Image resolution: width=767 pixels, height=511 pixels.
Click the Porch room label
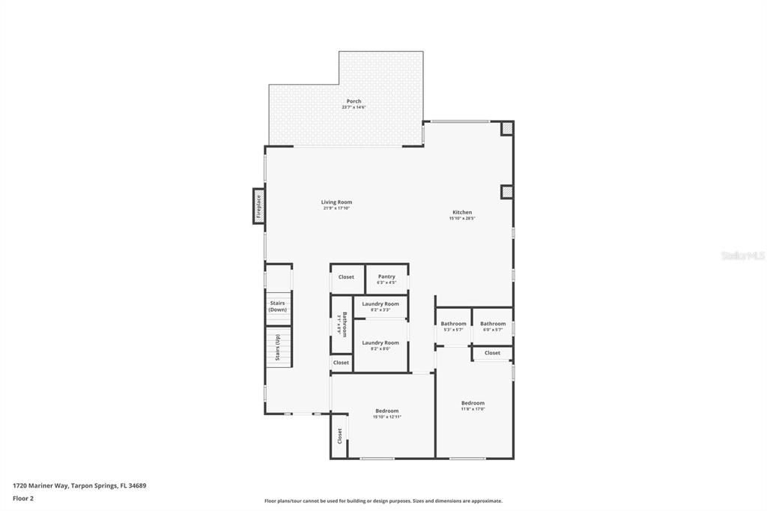click(x=354, y=101)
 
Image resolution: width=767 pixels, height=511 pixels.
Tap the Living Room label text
click(x=336, y=202)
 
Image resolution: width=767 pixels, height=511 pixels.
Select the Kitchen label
click(x=462, y=212)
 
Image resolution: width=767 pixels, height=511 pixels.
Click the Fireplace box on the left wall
click(x=258, y=205)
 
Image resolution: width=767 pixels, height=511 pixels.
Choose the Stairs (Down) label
click(x=278, y=306)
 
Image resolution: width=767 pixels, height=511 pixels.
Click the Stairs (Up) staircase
click(x=278, y=348)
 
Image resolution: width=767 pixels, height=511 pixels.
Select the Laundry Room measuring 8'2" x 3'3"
click(x=381, y=306)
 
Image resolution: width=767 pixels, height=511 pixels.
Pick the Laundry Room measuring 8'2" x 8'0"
click(x=381, y=345)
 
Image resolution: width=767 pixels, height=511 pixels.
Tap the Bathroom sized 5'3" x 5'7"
click(x=453, y=326)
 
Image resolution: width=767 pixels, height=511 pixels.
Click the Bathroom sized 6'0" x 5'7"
click(x=493, y=326)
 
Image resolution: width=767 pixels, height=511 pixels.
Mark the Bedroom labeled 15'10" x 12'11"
click(x=386, y=413)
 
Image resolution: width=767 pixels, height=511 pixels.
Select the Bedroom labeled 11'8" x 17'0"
click(x=473, y=405)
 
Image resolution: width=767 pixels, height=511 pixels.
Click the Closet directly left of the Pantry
click(x=346, y=277)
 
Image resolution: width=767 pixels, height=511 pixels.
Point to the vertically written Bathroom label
click(x=343, y=324)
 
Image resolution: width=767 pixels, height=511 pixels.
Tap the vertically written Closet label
click(x=339, y=436)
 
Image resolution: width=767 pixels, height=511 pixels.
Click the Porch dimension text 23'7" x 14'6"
click(x=354, y=107)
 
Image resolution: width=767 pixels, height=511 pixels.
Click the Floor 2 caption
click(x=23, y=498)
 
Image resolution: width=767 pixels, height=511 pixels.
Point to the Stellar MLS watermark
click(x=742, y=255)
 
